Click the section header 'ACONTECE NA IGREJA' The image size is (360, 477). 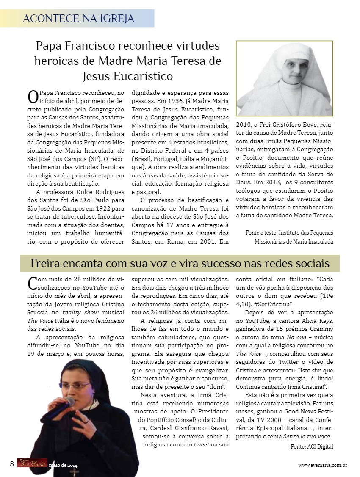pos(79,19)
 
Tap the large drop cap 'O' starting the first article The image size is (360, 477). pos(33,97)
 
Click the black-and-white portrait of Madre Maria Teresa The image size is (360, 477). pos(284,78)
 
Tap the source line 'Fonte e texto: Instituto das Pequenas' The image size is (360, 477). pos(289,233)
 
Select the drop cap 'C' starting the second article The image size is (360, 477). pos(32,283)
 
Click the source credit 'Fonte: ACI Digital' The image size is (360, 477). pos(312,446)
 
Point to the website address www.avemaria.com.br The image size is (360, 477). pos(323,465)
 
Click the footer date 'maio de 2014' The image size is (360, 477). pos(63,466)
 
